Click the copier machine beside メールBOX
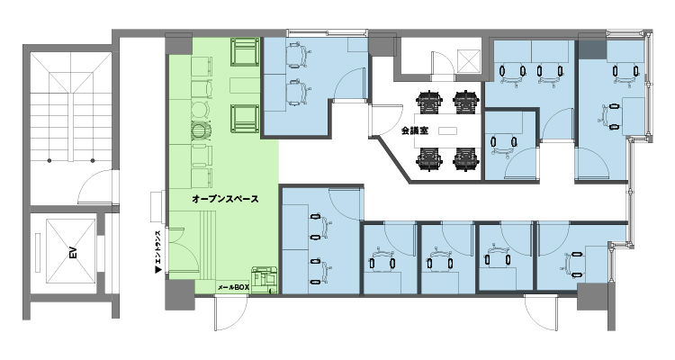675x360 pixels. [264, 280]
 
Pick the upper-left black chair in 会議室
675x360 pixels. [428, 101]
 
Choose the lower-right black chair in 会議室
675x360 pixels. [464, 159]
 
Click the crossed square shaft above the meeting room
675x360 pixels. [469, 61]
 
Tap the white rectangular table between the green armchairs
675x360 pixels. [244, 85]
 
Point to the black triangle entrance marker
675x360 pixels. [158, 267]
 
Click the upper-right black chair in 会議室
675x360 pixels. [464, 101]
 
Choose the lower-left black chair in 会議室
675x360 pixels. [428, 159]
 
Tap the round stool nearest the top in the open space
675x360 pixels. [199, 109]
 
